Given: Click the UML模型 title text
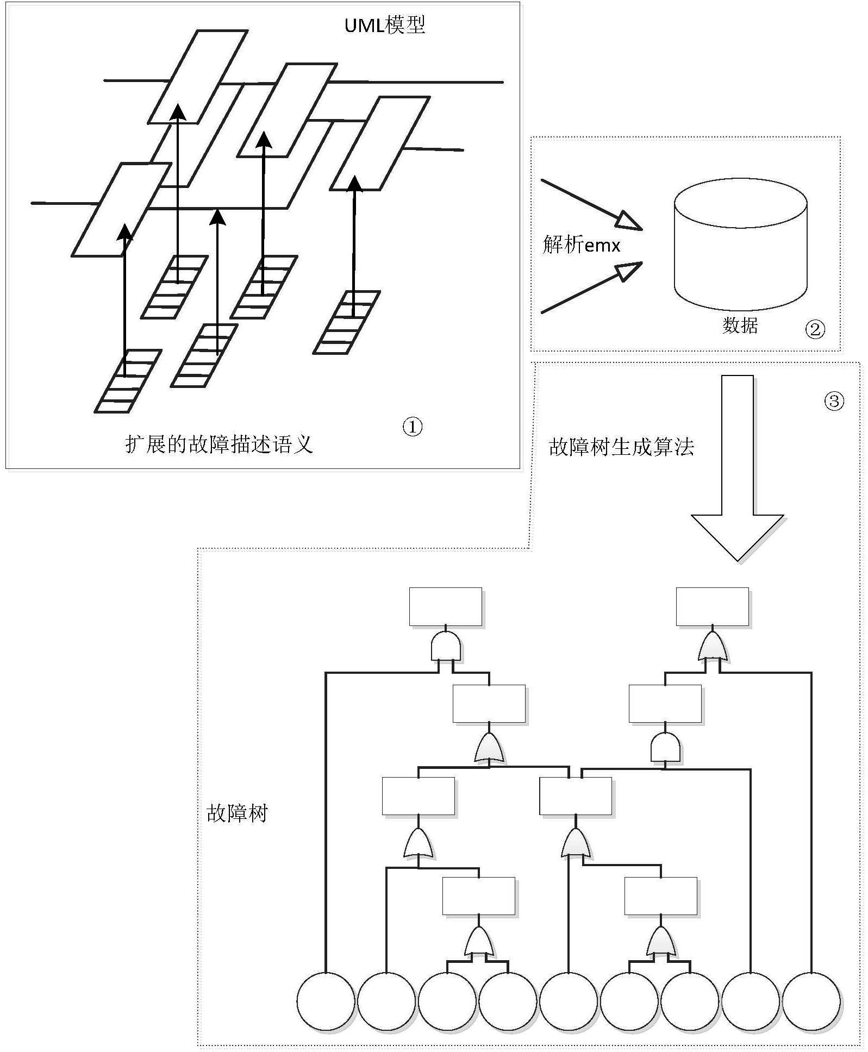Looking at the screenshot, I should pos(385,25).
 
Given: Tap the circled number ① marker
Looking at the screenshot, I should pos(413,427).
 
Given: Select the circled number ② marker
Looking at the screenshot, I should pos(814,329).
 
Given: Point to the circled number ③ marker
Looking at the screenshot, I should pos(834,401).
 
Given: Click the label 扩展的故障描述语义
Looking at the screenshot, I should pos(219,444).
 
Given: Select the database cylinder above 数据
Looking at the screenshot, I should pos(740,247).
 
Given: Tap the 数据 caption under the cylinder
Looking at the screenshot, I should pos(740,325).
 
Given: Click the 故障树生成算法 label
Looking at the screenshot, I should pos(621,447).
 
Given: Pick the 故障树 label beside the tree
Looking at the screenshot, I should pos(237,813).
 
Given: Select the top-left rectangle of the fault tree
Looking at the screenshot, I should pos(445,606).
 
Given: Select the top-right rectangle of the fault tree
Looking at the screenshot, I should pos(712,606).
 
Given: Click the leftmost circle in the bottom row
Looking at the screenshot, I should pos(325,1001).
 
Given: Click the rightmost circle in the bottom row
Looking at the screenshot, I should pos(811,1001).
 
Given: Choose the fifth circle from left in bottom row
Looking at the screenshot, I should pos(569,1001).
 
